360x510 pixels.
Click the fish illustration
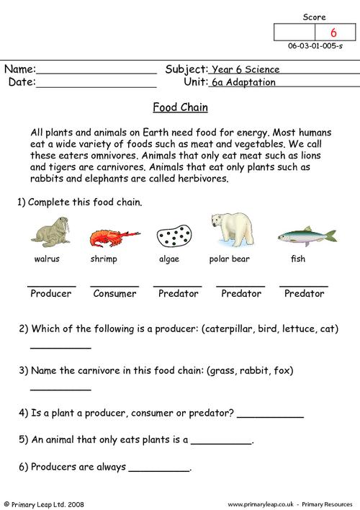tap(305, 235)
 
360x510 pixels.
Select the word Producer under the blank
tap(51, 293)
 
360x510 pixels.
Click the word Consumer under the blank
tap(114, 293)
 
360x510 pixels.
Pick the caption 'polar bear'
tap(229, 258)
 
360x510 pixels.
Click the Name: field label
tap(20, 70)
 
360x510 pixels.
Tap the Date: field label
tap(22, 82)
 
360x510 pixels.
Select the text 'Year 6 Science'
tap(244, 70)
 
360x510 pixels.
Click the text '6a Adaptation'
tap(245, 82)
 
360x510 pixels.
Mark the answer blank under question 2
tap(60, 348)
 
